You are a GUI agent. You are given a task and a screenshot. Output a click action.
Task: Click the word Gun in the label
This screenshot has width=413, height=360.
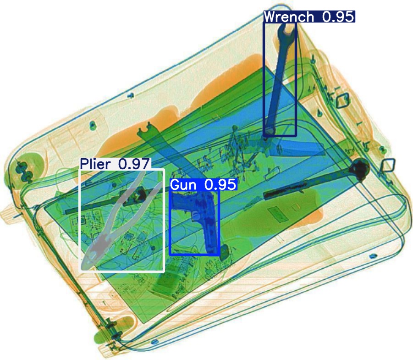pos(184,185)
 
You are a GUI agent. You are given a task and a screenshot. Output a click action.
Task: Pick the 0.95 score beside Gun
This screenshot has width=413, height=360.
pos(220,185)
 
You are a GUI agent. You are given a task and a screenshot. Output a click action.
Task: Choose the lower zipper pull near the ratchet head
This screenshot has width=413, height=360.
pos(388,165)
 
